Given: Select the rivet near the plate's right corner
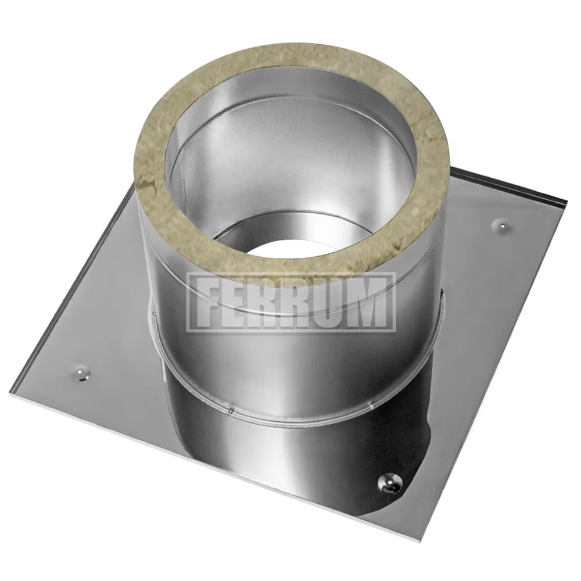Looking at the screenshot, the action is tap(502, 224).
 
